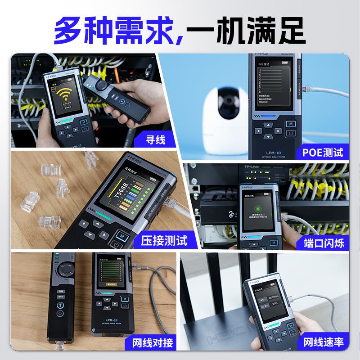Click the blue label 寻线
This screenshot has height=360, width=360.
pyautogui.click(x=153, y=140)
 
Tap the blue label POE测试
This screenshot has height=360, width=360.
pyautogui.click(x=322, y=152)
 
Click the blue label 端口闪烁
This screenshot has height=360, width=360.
pyautogui.click(x=324, y=243)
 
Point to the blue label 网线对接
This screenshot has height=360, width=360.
pyautogui.click(x=153, y=342)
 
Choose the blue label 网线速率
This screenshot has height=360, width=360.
pyautogui.click(x=324, y=342)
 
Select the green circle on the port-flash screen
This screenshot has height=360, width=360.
pyautogui.click(x=258, y=209)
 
